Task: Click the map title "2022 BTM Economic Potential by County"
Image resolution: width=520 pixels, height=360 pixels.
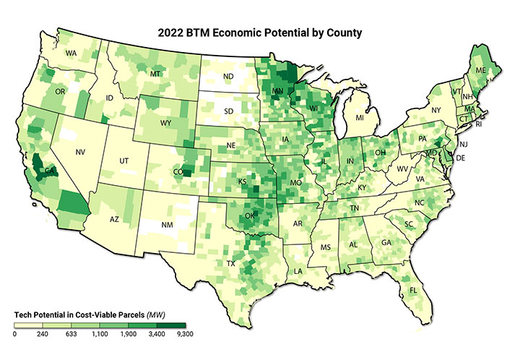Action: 259,33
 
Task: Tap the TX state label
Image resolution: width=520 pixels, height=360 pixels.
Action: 231,263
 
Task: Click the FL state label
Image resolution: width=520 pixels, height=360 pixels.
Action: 414,291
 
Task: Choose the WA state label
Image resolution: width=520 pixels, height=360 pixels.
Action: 71,53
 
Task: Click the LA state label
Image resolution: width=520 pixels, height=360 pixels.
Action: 298,271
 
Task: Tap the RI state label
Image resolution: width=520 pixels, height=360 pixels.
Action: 482,124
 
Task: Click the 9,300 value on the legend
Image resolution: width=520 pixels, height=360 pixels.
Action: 184,335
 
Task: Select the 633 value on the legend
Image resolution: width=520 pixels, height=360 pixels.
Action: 71,335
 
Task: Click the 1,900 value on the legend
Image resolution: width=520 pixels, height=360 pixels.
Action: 128,335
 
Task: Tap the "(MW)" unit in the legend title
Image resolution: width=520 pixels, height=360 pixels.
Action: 157,315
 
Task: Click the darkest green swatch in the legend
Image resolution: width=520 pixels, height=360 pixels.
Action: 170,325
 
